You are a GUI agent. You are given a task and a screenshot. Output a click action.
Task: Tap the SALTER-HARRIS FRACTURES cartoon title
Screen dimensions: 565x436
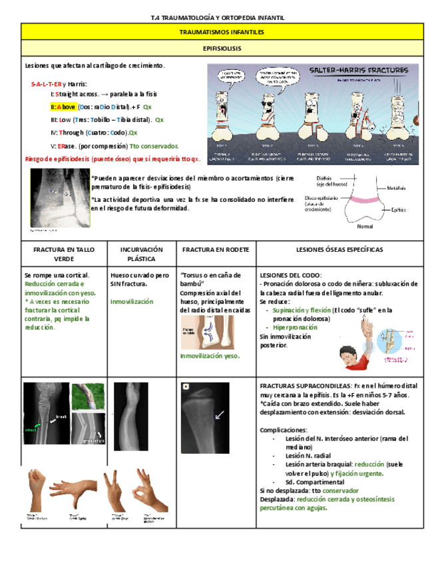tap(347, 69)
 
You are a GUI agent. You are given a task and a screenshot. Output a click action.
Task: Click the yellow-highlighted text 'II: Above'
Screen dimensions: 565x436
tap(63, 107)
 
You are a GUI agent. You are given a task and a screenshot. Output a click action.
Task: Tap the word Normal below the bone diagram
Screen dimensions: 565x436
tap(365, 226)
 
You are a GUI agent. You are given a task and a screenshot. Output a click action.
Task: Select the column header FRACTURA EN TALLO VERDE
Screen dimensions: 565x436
tap(64, 253)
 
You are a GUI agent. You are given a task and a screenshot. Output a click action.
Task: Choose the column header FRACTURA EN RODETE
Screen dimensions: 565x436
tap(215, 249)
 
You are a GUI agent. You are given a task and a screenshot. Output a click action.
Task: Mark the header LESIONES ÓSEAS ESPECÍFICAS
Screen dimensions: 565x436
tap(339, 249)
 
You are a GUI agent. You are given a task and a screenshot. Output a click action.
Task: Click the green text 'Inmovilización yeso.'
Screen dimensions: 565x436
tap(209, 356)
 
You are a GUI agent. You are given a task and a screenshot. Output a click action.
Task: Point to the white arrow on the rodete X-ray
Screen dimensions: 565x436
tap(219, 415)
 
